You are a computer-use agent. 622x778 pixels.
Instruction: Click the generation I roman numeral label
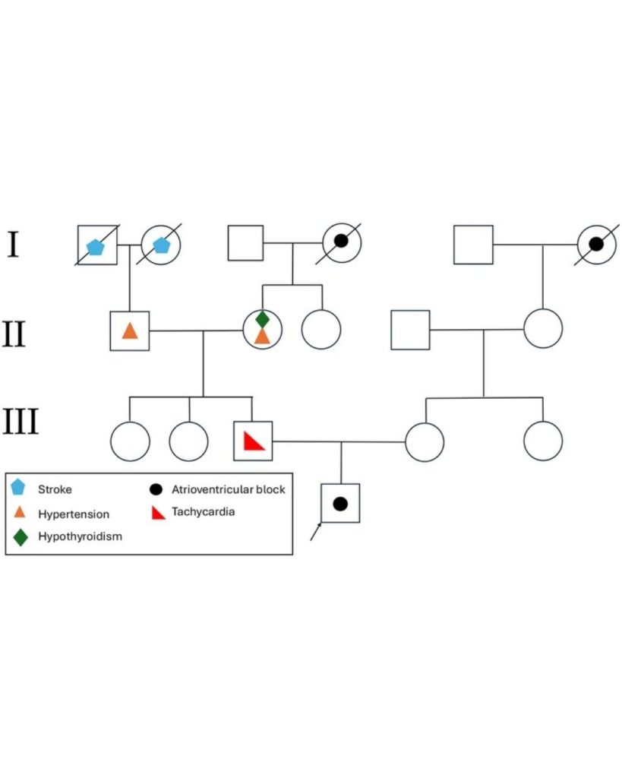tap(13, 245)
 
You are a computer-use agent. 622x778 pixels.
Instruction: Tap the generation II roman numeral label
tap(14, 333)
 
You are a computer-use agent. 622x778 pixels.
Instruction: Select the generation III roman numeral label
tap(21, 421)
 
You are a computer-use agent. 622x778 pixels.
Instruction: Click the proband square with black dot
tap(340, 503)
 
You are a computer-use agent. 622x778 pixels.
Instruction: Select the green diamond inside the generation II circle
tap(262, 319)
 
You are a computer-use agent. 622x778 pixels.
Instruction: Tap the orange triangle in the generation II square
tap(130, 330)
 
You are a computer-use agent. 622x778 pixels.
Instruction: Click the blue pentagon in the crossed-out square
tap(96, 245)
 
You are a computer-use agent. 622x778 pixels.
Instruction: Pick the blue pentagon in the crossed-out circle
tap(161, 245)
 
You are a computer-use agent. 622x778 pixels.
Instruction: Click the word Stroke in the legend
tap(55, 489)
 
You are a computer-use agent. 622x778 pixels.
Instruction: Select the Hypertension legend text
tap(74, 514)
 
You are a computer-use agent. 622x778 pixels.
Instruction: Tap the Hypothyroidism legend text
tap(80, 537)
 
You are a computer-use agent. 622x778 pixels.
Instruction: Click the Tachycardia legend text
tap(204, 512)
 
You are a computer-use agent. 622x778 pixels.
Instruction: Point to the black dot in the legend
tap(158, 489)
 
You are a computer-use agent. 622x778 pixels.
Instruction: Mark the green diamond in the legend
tap(21, 537)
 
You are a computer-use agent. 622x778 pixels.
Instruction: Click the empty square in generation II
tap(410, 330)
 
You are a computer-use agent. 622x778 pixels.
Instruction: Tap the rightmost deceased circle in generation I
tap(596, 245)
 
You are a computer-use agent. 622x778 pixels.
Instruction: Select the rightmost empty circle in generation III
tap(543, 441)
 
